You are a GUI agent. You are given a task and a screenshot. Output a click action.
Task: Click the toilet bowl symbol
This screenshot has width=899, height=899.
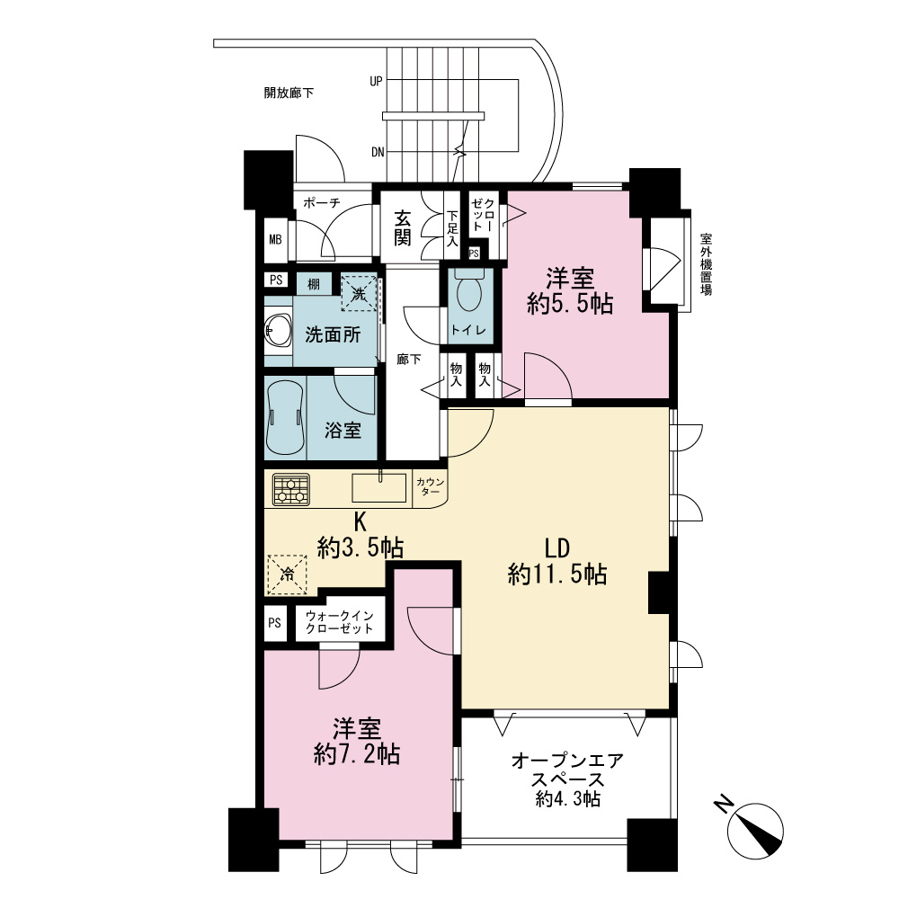[469, 290]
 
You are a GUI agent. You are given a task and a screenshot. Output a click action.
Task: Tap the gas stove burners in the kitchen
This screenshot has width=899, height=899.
[291, 490]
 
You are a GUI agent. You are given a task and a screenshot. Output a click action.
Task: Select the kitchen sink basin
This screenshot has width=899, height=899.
[379, 487]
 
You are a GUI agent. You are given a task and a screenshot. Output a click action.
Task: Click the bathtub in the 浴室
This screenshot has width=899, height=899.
[285, 417]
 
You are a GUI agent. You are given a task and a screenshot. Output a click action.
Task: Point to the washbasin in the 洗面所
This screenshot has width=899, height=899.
[278, 332]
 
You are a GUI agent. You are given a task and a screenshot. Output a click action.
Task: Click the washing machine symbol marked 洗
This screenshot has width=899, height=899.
[359, 293]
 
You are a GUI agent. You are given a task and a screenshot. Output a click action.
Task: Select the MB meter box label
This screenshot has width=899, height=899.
[275, 239]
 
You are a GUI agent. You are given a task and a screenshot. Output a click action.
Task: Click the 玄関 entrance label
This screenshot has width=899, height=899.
[403, 227]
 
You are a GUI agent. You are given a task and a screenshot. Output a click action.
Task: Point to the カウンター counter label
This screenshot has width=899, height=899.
[431, 486]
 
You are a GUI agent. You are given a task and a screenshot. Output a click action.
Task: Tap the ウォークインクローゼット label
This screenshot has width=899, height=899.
[340, 621]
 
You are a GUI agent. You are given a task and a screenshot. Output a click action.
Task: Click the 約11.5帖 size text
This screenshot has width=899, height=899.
[557, 574]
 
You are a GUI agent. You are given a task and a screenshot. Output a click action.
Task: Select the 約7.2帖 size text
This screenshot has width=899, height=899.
[357, 754]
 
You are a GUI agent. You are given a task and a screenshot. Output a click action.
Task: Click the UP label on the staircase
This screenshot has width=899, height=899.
[376, 82]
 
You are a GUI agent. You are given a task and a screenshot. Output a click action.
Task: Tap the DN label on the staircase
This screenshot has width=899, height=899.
[378, 152]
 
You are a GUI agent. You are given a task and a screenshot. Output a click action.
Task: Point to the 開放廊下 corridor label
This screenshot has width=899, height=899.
[289, 93]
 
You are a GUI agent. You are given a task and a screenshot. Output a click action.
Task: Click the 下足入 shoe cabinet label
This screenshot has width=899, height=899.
[453, 228]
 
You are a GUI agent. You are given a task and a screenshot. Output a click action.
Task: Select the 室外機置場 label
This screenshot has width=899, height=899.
[707, 263]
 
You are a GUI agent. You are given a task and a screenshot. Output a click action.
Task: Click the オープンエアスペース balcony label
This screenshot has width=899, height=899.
[567, 770]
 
